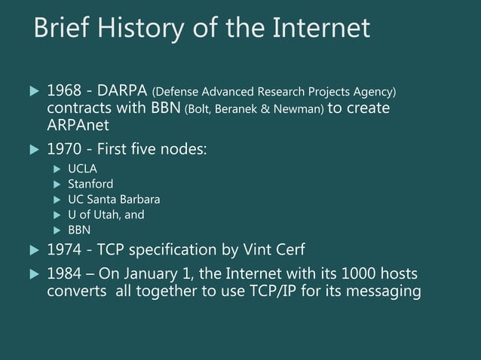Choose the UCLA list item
coord(83,169)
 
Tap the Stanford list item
coord(90,184)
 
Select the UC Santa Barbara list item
coord(114,200)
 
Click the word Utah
coord(109,215)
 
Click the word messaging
coord(384,291)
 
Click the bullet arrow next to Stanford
coord(57,185)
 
